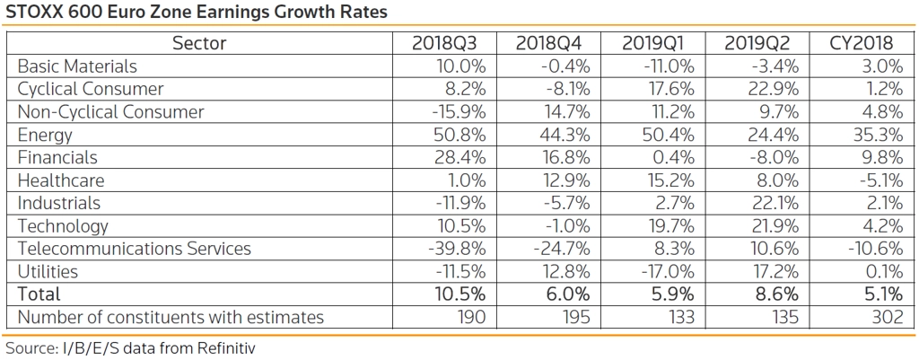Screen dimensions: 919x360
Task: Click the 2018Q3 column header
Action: [449, 43]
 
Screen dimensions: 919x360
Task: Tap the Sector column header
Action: [199, 43]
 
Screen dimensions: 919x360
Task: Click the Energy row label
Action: [45, 136]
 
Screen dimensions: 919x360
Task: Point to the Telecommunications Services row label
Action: [135, 249]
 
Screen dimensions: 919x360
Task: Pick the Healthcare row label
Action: [61, 180]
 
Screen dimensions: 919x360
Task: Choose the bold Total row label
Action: [39, 294]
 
